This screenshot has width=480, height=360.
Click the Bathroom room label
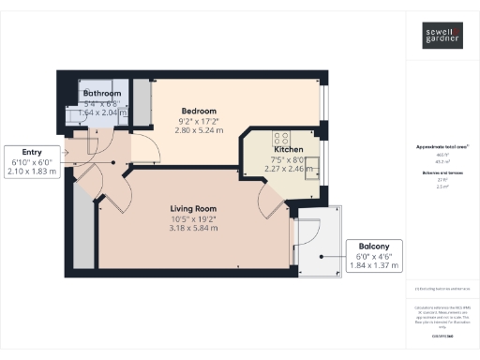(x=101, y=94)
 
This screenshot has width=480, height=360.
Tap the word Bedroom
(x=199, y=111)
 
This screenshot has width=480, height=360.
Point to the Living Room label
(x=193, y=208)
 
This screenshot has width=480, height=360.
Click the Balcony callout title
(x=373, y=247)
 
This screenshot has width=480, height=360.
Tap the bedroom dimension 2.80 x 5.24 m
(x=199, y=131)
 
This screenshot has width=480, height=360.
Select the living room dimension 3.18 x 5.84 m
(x=193, y=228)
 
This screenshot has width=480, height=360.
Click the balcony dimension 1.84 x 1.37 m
(x=373, y=266)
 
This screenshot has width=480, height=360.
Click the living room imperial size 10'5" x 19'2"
(x=193, y=218)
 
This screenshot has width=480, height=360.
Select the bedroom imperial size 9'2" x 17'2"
(x=199, y=121)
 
